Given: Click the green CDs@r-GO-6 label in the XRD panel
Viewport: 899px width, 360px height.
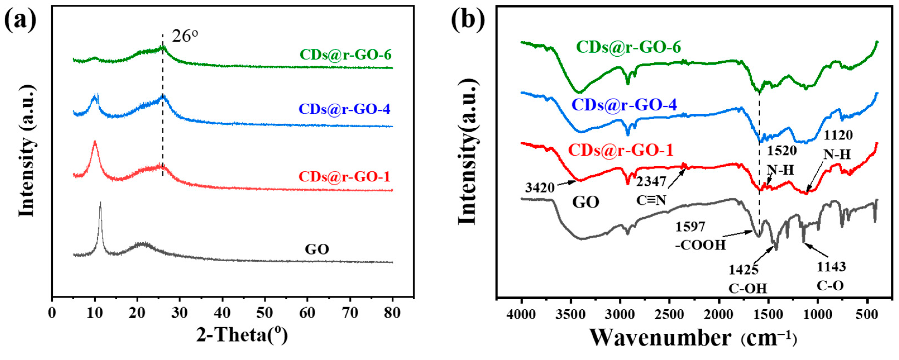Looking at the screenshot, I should [346, 55].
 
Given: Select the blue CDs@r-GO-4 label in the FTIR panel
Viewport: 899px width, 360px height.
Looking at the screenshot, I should [625, 105].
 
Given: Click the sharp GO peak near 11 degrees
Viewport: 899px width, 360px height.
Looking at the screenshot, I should [100, 203].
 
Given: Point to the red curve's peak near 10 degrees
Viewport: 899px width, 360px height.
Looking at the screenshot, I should [95, 142].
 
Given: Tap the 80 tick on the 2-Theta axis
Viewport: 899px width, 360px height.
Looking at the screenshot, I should [392, 313].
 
